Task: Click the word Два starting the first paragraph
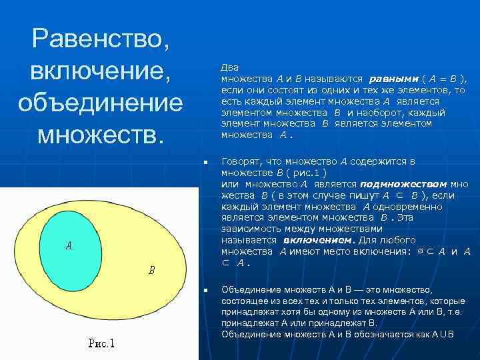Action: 230,68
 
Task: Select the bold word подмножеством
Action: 403,184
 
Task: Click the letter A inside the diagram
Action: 68,246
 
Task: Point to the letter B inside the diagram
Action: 151,270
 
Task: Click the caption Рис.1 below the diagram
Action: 101,344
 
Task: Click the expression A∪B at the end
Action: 441,334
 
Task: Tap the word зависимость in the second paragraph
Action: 251,229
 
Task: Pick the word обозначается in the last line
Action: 376,334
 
